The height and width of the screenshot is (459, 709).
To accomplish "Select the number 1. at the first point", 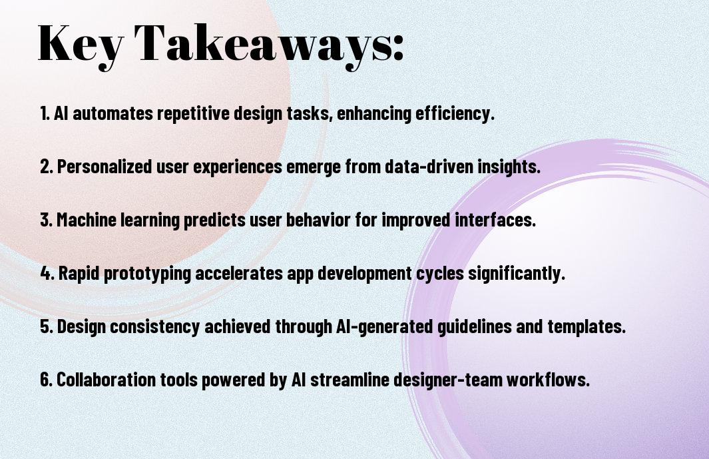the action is [45, 113].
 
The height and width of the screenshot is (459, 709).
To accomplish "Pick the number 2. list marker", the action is [47, 167].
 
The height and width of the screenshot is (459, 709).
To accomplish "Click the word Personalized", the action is [105, 167].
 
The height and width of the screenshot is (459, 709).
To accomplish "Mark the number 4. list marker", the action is [47, 273].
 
